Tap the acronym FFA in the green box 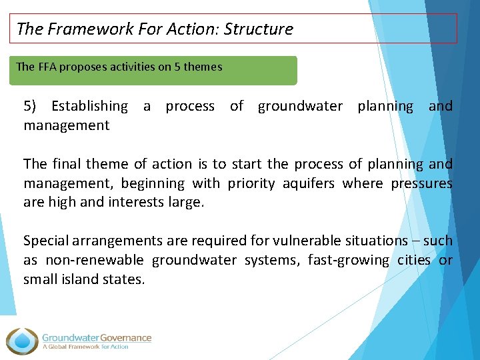[47, 67]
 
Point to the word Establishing [89, 106]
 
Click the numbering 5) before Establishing [31, 106]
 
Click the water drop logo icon [23, 340]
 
